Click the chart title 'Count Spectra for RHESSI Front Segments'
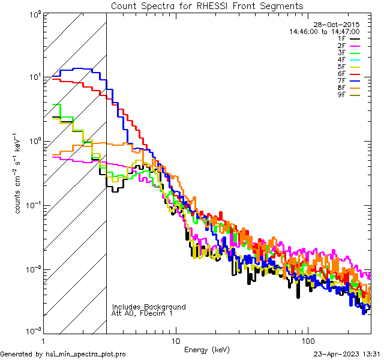[207, 6]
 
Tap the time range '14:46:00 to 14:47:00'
[324, 31]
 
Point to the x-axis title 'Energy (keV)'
[207, 349]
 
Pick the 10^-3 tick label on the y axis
[32, 331]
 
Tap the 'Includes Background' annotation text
[149, 307]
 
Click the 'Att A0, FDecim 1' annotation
[142, 313]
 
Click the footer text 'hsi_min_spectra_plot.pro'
[86, 354]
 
